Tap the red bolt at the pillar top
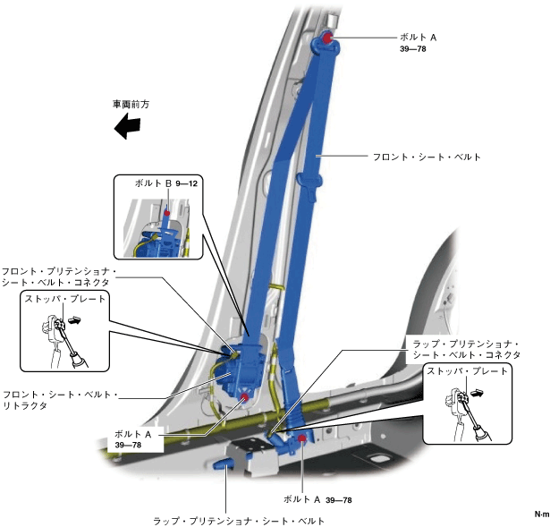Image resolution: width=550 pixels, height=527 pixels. tap(326, 38)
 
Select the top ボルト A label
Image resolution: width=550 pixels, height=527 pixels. tap(419, 38)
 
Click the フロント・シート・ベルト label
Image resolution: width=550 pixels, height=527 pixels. tap(427, 157)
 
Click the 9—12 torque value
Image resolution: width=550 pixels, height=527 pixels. tap(186, 183)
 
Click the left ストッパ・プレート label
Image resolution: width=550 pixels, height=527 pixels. tap(65, 298)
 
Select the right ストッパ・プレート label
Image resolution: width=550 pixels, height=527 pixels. tap(469, 370)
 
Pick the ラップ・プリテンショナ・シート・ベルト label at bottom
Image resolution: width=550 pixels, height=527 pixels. tap(240, 520)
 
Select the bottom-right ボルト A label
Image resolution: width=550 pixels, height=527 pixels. tap(302, 499)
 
